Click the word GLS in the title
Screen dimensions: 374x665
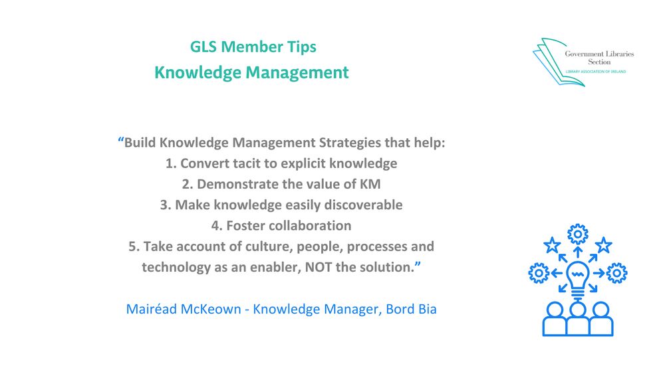[203, 47]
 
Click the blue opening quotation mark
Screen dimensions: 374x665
[120, 141]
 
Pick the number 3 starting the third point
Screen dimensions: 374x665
[164, 205]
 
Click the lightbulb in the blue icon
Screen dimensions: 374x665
[577, 276]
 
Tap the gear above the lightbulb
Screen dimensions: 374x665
[577, 234]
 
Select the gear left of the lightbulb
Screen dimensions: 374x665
[538, 272]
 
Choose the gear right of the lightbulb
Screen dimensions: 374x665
[617, 272]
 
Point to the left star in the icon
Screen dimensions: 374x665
[552, 245]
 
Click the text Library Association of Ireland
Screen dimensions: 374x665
[594, 71]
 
